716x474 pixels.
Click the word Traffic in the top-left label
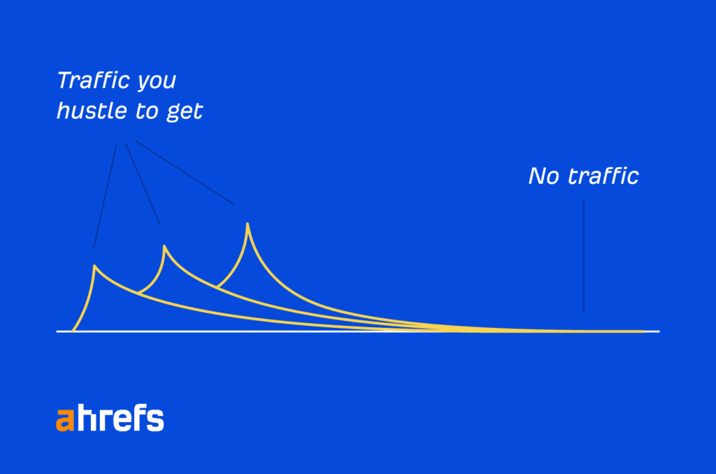pyautogui.click(x=94, y=80)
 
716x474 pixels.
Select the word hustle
pyautogui.click(x=92, y=110)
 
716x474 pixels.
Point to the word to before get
pyautogui.click(x=146, y=111)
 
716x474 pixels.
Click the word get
pyautogui.click(x=184, y=113)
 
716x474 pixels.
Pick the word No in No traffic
pyautogui.click(x=543, y=175)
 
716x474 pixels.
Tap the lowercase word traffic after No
pyautogui.click(x=603, y=175)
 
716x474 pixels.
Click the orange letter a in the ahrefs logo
pyautogui.click(x=65, y=419)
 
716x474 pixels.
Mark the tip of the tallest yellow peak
pyautogui.click(x=248, y=224)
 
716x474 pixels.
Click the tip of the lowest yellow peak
pyautogui.click(x=94, y=266)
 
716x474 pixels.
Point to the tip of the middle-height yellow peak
pyautogui.click(x=164, y=247)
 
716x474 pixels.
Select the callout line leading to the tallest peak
pyautogui.click(x=185, y=173)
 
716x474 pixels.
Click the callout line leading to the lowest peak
pyautogui.click(x=105, y=197)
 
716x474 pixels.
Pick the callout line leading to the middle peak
pyautogui.click(x=143, y=184)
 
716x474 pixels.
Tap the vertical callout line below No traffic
pyautogui.click(x=584, y=257)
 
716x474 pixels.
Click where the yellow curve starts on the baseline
pyautogui.click(x=73, y=331)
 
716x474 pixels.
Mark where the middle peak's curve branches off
pyautogui.click(x=138, y=293)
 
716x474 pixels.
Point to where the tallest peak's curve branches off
pyautogui.click(x=217, y=287)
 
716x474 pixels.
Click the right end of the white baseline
pyautogui.click(x=659, y=331)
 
